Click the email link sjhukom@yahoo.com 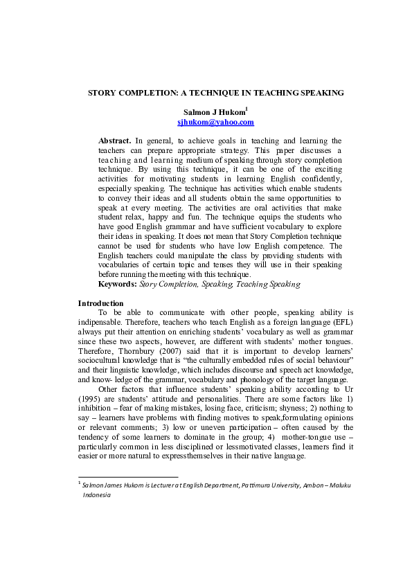206,122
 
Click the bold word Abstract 114,141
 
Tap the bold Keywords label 118,284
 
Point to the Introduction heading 100,303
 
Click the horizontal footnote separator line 128,476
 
